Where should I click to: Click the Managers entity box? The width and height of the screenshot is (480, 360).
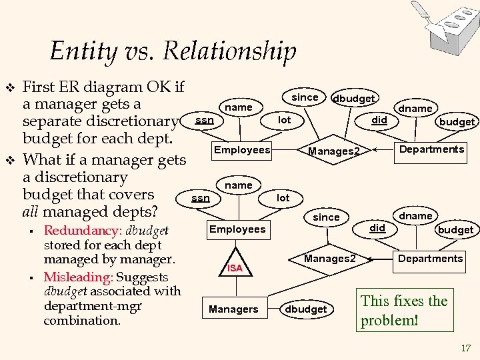click(233, 309)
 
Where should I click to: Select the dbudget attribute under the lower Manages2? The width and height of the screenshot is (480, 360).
click(306, 309)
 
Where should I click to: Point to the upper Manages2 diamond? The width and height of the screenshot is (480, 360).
click(333, 151)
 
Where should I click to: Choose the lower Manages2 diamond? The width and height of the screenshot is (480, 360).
click(329, 258)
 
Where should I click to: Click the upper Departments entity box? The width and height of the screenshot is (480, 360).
click(431, 149)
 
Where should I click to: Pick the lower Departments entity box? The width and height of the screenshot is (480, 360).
click(430, 258)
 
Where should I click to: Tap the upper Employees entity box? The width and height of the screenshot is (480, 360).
click(241, 150)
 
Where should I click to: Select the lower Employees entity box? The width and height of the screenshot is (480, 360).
click(237, 229)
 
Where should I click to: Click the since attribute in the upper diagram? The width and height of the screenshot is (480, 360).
click(305, 97)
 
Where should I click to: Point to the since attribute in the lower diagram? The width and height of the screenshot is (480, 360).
click(326, 217)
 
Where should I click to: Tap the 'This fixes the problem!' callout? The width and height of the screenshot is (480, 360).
click(404, 310)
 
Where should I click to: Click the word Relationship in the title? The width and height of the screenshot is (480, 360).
click(229, 51)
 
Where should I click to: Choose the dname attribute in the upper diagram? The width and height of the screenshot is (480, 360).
click(415, 108)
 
